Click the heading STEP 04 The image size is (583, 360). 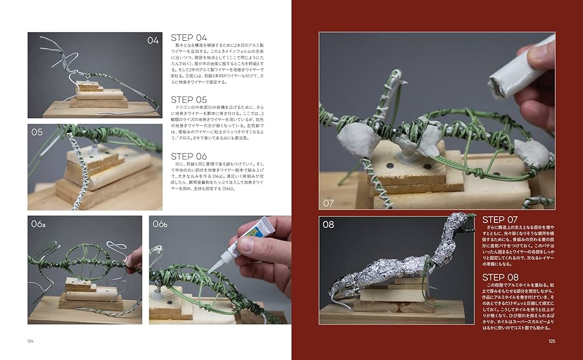[189, 38]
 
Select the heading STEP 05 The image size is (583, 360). [189, 100]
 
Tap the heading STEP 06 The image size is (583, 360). [189, 156]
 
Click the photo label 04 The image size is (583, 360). [153, 40]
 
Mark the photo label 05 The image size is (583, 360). [37, 132]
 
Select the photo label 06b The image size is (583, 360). [160, 224]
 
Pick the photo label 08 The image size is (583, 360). [328, 224]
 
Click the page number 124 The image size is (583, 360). [30, 341]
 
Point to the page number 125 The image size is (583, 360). [552, 341]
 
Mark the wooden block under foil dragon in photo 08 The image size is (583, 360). [396, 297]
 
